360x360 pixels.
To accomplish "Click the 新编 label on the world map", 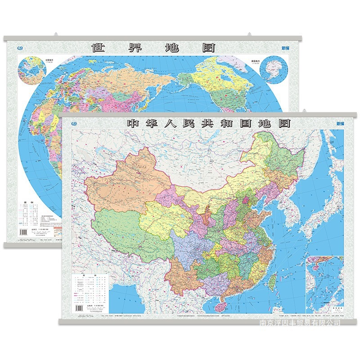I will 287,47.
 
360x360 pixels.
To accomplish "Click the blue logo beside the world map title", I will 18,48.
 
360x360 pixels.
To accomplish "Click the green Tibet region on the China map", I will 121,234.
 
